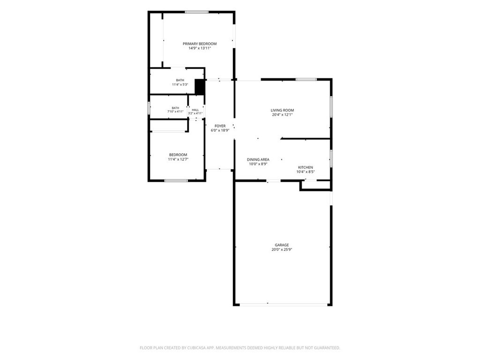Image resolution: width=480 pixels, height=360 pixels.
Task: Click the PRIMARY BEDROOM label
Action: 200,44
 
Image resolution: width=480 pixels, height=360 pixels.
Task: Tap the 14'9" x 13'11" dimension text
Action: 200,48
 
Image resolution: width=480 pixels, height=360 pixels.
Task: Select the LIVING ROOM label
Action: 282,110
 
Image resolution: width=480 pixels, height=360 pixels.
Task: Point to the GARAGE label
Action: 282,245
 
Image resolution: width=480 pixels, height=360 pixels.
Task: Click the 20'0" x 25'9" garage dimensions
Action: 282,249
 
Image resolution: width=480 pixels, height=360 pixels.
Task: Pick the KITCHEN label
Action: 306,167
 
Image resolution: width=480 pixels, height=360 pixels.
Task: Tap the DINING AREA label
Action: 258,159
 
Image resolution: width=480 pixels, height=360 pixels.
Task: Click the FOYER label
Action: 220,126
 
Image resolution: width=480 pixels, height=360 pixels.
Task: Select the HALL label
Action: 195,110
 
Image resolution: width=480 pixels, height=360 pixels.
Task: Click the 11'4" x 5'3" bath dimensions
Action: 180,84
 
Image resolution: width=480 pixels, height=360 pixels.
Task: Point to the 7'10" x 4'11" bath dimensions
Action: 175,112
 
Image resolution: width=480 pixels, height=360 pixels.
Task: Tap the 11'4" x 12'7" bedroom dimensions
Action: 178,159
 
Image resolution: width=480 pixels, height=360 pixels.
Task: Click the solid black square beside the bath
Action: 200,87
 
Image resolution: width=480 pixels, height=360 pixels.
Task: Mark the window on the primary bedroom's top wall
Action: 196,12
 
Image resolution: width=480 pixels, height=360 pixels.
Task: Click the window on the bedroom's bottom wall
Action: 176,180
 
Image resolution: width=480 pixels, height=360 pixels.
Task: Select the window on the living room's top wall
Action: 306,80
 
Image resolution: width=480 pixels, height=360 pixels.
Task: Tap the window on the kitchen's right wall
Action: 331,158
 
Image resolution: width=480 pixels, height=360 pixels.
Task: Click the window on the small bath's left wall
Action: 149,108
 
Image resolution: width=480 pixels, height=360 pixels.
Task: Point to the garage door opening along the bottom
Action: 283,305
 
